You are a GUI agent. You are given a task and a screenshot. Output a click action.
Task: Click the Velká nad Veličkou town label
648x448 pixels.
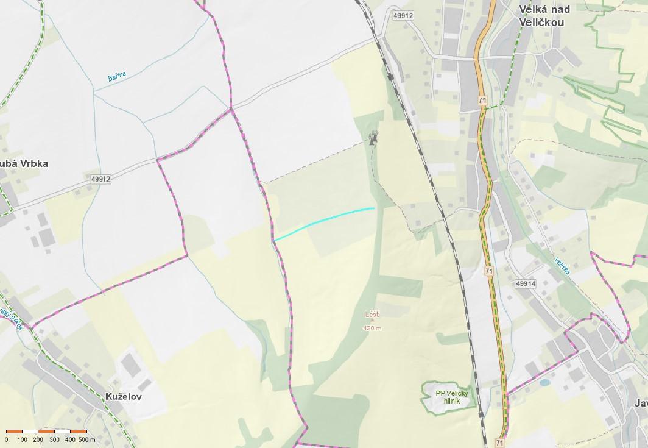541,16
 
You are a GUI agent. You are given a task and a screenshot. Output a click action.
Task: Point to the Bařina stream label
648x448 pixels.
117,77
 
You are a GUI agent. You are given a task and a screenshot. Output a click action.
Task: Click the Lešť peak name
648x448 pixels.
372,315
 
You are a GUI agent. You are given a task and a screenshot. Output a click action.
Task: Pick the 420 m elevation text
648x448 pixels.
372,328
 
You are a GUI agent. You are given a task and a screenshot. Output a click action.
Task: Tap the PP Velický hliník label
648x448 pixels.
447,397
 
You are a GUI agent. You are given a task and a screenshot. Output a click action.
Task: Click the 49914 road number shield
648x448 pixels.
524,283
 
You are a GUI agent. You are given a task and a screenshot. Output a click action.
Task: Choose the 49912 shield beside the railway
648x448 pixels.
403,15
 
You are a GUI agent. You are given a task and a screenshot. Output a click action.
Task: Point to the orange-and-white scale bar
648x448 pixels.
46,432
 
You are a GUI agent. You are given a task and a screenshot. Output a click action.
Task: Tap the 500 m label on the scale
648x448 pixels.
87,439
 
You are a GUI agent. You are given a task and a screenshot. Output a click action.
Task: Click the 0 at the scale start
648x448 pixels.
7,439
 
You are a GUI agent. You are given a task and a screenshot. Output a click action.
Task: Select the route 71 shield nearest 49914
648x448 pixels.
489,271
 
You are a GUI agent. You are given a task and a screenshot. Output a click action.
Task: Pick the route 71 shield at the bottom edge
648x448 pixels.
499,443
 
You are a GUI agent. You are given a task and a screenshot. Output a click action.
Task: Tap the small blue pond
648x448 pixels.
544,383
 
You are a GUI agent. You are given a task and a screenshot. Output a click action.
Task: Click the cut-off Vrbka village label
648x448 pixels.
24,163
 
